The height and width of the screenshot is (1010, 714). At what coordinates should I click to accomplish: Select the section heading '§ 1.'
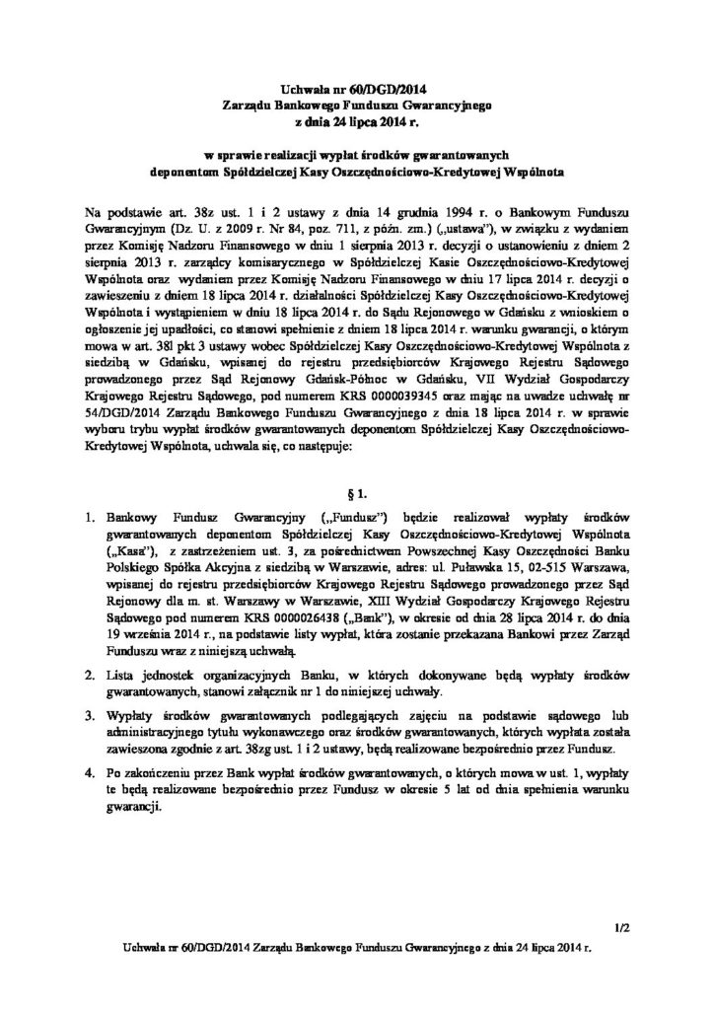[x=357, y=489]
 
